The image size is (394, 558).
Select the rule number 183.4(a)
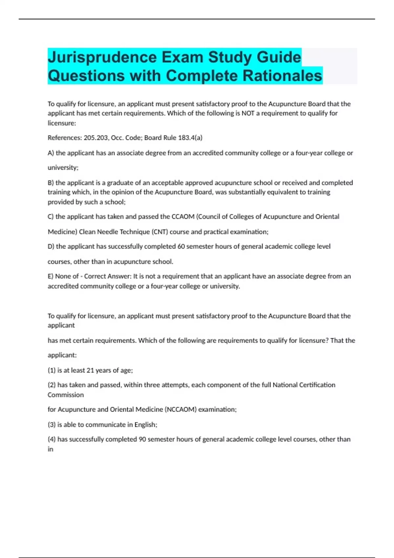click(190, 138)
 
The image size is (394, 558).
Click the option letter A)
click(51, 153)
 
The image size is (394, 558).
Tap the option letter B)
click(51, 183)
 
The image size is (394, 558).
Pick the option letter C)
click(51, 217)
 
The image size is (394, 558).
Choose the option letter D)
click(51, 247)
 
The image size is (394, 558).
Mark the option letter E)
click(51, 276)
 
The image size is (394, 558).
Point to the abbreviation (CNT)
click(160, 232)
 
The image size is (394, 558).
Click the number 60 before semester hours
click(181, 247)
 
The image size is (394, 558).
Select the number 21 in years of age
click(90, 370)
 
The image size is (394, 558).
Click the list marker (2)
click(52, 385)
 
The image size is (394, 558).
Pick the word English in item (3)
click(145, 425)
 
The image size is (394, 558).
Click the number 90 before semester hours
click(142, 440)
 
